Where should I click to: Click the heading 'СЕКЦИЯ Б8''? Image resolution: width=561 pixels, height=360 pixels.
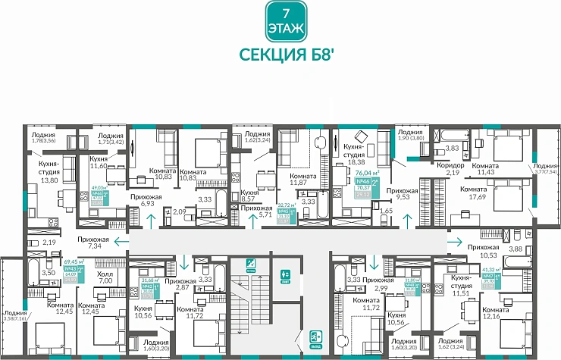[281, 56]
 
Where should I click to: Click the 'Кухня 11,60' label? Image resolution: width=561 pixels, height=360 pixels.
[99, 161]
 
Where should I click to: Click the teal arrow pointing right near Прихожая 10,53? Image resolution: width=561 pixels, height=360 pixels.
[459, 242]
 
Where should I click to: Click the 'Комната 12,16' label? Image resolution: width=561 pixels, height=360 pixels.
[495, 313]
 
